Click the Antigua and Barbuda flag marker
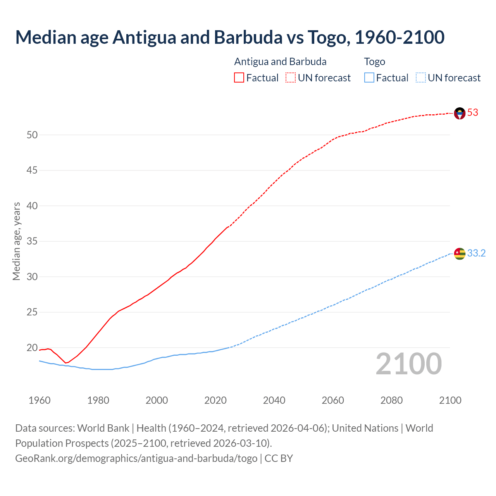(x=460, y=113)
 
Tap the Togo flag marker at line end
(x=460, y=253)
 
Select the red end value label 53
(x=473, y=113)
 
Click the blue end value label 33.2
(x=476, y=253)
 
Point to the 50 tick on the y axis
(x=32, y=135)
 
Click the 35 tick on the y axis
(x=32, y=241)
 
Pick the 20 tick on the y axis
(x=32, y=348)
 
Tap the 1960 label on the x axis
(x=40, y=400)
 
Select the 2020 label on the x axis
(x=215, y=400)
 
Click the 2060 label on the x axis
(x=333, y=400)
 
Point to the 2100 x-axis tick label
(x=450, y=400)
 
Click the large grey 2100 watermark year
(x=409, y=364)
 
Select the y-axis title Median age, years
(x=16, y=241)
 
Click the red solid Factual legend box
(x=239, y=78)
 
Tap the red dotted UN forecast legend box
(x=291, y=78)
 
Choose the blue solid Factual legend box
(x=369, y=78)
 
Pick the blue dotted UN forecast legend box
(x=420, y=78)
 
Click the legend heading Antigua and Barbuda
(x=280, y=62)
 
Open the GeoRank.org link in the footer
(x=136, y=458)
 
